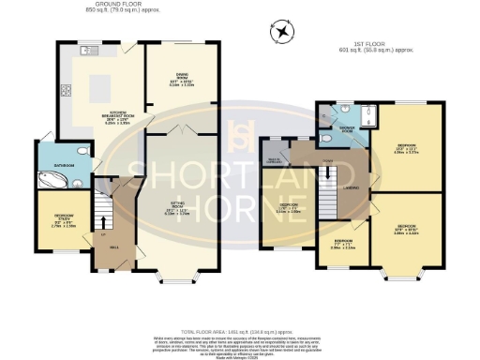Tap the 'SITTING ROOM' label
tap(176, 211)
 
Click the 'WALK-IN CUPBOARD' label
tap(276, 159)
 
